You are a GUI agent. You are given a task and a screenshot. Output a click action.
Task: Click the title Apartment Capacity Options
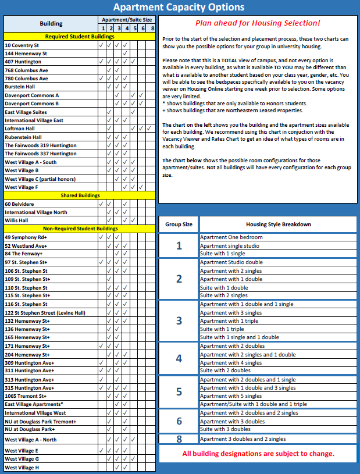(x=179, y=8)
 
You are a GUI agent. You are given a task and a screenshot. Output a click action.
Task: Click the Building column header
(x=51, y=24)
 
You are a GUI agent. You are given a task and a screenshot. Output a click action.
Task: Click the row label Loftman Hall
(x=20, y=129)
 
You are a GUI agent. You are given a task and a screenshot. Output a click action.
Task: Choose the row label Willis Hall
(x=17, y=221)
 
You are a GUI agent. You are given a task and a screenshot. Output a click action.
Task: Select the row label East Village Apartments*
(x=34, y=404)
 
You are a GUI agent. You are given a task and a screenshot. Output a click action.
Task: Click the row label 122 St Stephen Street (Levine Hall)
(x=45, y=313)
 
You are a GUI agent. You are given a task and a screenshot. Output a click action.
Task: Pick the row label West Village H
(x=22, y=467)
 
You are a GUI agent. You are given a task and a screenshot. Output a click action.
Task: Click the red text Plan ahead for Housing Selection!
(x=257, y=23)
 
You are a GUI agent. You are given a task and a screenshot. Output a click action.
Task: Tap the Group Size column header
(x=179, y=224)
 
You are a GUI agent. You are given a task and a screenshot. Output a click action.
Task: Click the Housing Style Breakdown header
(x=278, y=224)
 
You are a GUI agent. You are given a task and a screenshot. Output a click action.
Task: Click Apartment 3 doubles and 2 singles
(x=243, y=439)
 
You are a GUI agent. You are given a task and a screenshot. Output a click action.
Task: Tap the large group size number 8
(x=179, y=439)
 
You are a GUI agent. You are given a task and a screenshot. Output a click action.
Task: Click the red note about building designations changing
(x=258, y=454)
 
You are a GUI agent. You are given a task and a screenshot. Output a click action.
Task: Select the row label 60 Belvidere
(x=19, y=204)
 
